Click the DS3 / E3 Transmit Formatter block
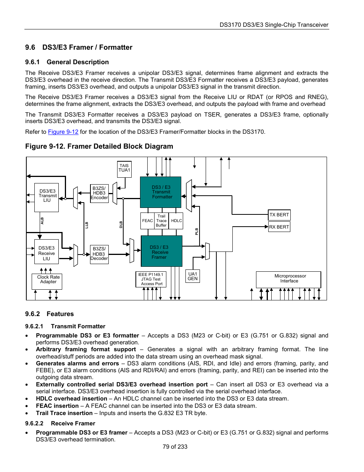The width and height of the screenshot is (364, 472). [x=161, y=192]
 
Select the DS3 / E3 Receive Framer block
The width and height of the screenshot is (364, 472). [x=161, y=251]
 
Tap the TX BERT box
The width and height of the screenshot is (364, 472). [x=279, y=215]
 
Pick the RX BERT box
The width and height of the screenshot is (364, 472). [x=279, y=227]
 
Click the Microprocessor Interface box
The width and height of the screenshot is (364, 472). [x=288, y=279]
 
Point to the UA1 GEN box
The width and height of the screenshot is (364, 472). [x=193, y=276]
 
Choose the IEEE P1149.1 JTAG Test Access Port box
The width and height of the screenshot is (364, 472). [x=151, y=279]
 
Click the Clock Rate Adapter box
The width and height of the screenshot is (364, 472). [x=47, y=281]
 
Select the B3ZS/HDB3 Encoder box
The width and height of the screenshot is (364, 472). [x=99, y=193]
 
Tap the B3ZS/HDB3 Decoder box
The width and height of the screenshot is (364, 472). [x=99, y=254]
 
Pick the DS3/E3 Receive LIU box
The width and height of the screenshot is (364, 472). [x=47, y=253]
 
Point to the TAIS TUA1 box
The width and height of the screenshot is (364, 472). [x=124, y=169]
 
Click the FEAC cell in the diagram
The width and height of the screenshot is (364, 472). [x=147, y=221]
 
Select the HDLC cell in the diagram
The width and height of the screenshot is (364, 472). [x=176, y=221]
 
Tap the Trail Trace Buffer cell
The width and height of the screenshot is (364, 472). [x=161, y=221]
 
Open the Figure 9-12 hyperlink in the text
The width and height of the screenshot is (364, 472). [x=63, y=132]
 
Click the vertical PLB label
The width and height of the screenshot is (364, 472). [x=197, y=231]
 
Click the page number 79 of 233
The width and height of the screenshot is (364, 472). [x=175, y=447]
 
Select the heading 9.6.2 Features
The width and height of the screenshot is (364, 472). [x=50, y=314]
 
